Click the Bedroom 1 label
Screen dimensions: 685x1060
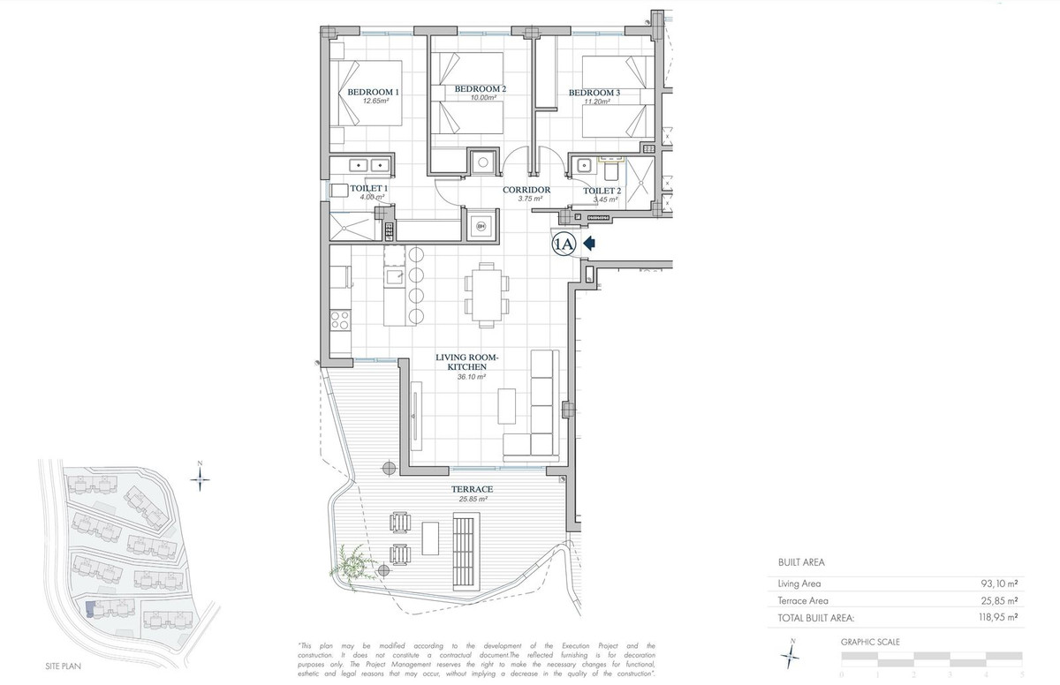373,92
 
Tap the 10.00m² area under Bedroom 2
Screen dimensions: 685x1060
481,98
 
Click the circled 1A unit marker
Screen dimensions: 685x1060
564,244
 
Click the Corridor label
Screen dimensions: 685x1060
526,190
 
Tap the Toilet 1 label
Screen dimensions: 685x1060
368,188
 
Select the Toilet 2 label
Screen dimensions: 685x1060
603,190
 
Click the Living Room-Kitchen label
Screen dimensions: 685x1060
467,362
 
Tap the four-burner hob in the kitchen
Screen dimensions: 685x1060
339,320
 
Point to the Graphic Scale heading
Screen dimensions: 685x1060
869,643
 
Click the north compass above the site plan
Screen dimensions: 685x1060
201,477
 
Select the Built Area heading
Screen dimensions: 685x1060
800,561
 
